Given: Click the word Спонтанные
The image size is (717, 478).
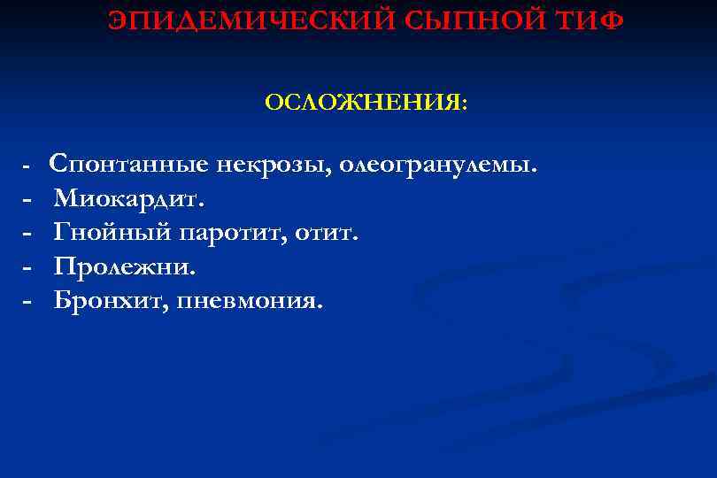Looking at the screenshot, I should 129,165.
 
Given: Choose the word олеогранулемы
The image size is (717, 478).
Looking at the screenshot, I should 438,165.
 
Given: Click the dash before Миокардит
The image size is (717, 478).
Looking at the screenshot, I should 27,199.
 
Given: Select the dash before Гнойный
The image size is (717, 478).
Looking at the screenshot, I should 27,233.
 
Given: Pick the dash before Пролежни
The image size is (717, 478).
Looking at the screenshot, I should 27,266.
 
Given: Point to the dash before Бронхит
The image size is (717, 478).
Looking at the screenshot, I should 27,301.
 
